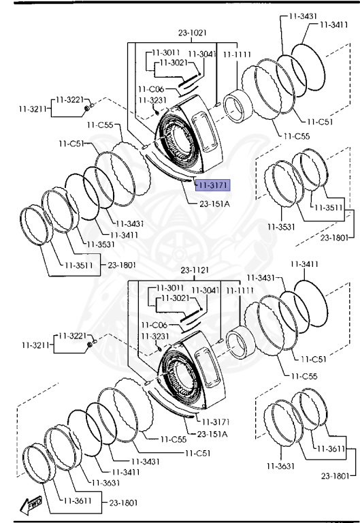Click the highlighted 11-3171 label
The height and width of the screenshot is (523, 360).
[213, 185]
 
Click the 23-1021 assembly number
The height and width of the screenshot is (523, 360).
[193, 33]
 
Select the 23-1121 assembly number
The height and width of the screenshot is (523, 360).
[195, 270]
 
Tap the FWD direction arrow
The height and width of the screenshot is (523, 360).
[31, 505]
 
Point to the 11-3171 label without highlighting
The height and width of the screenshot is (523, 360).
[215, 422]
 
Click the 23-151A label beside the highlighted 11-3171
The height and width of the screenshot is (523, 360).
[214, 204]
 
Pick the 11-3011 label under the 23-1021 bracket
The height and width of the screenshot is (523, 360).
[166, 52]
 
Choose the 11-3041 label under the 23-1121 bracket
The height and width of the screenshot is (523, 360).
[206, 291]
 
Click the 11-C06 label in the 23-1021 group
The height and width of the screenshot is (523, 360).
[151, 89]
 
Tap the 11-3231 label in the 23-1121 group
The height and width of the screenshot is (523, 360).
[155, 336]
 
